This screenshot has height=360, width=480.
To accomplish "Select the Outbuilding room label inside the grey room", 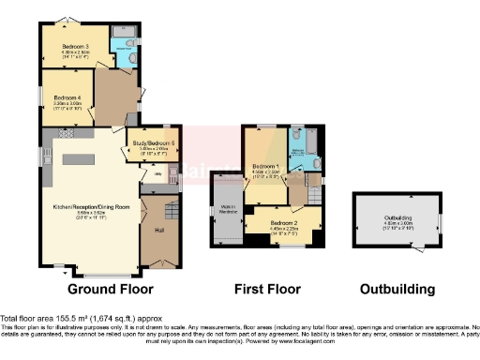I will [397, 221].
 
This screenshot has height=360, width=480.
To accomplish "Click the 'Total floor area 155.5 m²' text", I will [56, 319].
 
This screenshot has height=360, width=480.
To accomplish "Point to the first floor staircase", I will [298, 191].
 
